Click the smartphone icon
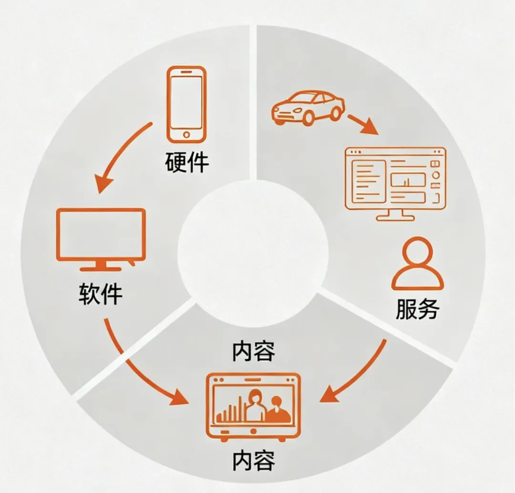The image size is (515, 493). point(186,104)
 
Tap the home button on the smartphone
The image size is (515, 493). point(186,134)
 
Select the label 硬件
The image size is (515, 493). point(187,163)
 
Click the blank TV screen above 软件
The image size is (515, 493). point(101,234)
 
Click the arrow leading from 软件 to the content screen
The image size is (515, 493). point(138,368)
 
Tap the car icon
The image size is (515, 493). point(308,107)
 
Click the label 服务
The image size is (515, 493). point(418,309)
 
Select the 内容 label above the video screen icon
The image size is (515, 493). point(253,352)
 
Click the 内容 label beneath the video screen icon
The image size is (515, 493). point(253,461)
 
